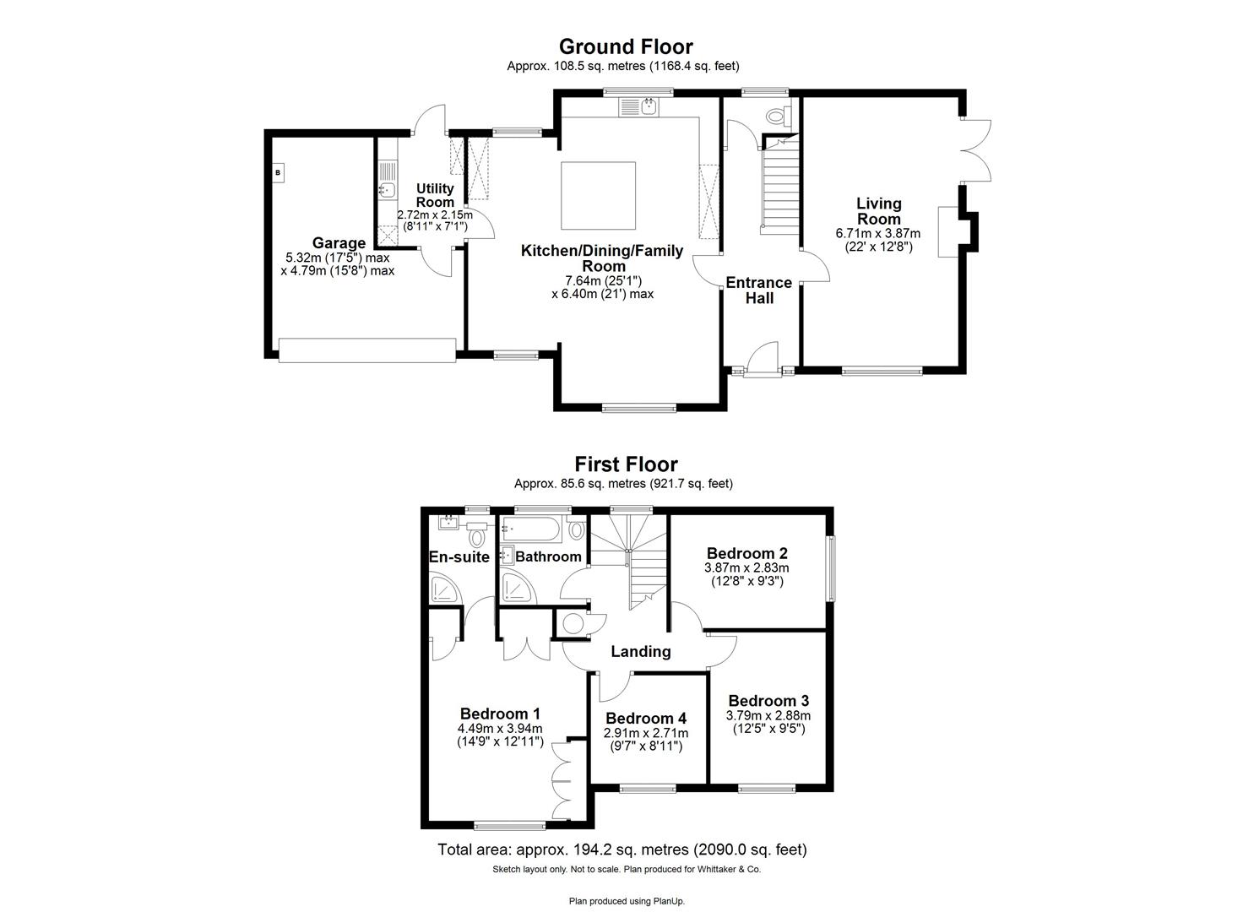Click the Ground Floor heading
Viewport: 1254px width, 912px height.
point(626,46)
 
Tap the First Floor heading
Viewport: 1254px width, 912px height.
point(626,464)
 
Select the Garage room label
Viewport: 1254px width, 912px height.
point(339,243)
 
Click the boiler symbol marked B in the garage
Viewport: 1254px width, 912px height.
point(278,173)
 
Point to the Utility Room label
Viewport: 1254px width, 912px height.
point(436,195)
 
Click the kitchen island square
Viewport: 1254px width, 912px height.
point(599,195)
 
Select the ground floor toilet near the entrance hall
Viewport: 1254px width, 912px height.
point(775,115)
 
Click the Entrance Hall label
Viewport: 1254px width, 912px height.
point(758,290)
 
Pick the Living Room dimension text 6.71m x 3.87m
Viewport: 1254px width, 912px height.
point(878,234)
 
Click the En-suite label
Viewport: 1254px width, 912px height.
point(459,557)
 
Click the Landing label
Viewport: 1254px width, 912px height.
point(641,651)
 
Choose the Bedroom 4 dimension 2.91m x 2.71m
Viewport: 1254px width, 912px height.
point(646,733)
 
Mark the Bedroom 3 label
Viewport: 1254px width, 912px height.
point(768,701)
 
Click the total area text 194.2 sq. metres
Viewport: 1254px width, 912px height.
point(622,850)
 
